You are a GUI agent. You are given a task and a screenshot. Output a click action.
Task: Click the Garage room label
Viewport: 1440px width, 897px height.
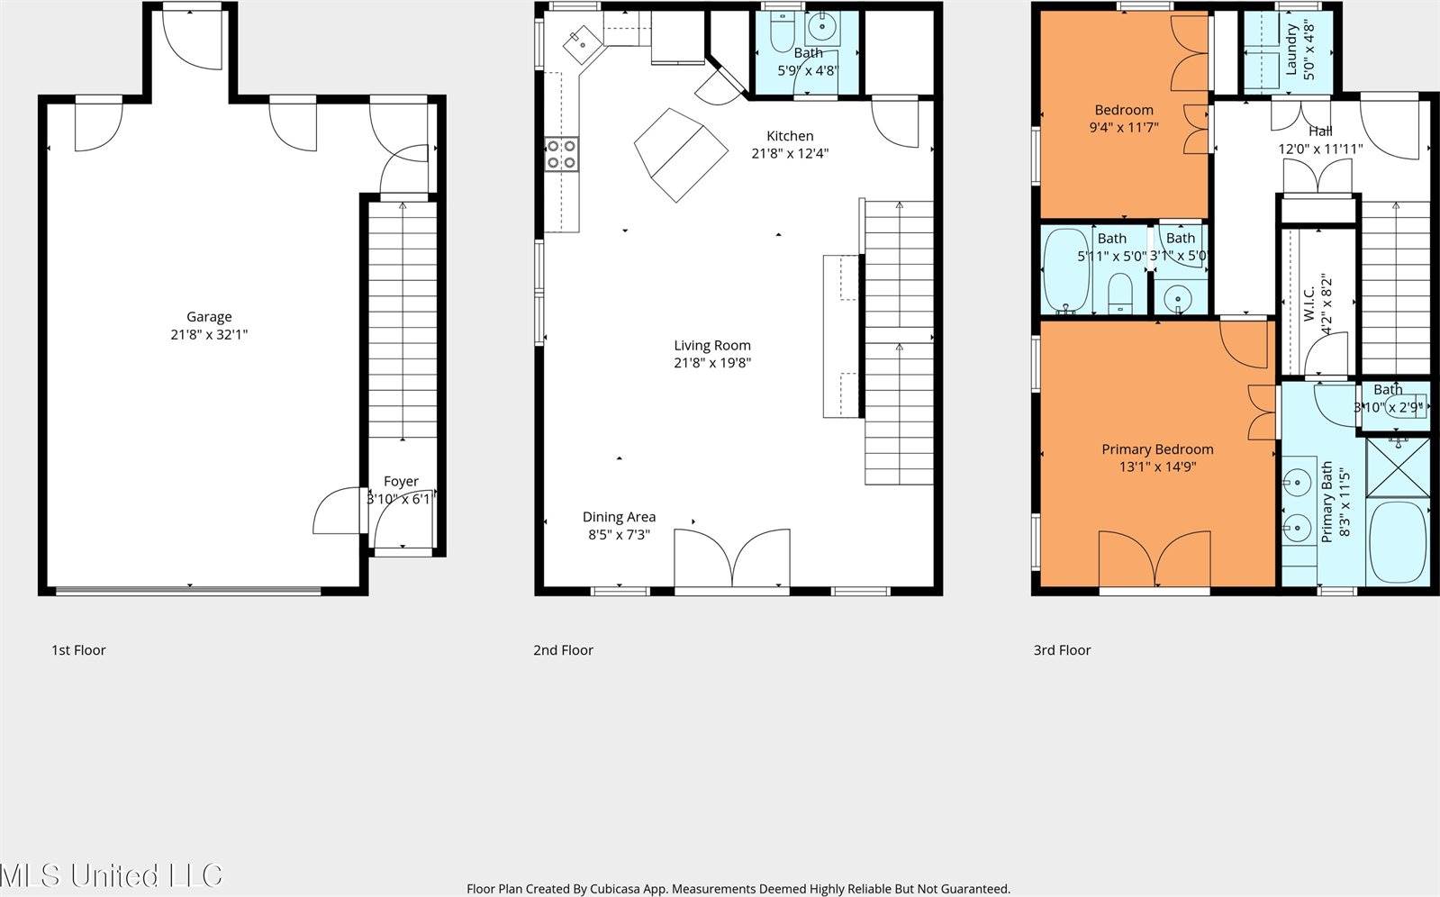click(209, 316)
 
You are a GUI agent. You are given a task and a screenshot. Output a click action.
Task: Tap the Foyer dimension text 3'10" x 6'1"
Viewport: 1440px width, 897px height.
click(401, 498)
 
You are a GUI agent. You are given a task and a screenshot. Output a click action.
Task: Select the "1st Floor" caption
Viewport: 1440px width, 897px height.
click(78, 649)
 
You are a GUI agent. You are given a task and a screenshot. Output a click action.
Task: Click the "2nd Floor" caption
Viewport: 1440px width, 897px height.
click(563, 649)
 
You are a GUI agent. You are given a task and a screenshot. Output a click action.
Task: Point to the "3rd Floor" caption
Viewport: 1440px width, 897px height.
click(1062, 649)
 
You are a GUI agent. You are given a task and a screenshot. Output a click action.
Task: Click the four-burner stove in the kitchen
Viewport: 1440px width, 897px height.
click(562, 154)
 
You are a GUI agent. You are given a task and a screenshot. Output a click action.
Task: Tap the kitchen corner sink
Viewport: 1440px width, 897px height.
click(579, 41)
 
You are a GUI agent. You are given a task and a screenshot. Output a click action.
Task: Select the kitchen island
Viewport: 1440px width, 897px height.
click(680, 155)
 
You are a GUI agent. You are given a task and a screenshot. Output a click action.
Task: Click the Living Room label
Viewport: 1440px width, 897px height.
click(711, 345)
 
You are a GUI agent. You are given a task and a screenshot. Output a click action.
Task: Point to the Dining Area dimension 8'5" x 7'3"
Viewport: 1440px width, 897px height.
click(619, 534)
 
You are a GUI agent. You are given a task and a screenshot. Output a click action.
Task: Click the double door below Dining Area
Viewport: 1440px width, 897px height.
click(732, 558)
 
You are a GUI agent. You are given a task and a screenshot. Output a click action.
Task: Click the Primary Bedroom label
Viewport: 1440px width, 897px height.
click(1157, 448)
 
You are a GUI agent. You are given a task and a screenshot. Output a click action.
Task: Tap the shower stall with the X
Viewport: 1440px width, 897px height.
click(1398, 467)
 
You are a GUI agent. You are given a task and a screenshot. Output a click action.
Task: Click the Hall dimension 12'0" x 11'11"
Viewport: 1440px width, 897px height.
click(1320, 149)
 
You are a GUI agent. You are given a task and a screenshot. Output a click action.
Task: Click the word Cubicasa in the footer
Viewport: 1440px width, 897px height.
click(619, 889)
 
